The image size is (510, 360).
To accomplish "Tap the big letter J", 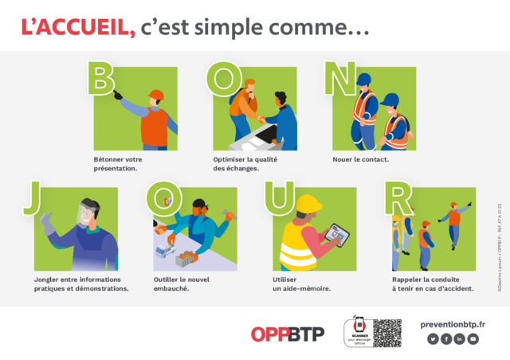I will coord(31,198).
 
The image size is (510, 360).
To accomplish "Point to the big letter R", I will coord(398,198).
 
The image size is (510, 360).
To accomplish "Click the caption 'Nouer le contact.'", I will coord(360,159).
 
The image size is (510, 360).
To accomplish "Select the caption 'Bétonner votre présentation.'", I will coord(117,164).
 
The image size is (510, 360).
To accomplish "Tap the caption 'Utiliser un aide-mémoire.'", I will coord(301,284).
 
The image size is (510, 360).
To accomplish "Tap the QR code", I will coord(387,333).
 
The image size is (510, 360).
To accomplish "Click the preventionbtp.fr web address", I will coord(453,323).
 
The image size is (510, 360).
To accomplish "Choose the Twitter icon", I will coord(433,339).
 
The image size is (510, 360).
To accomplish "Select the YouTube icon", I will coord(473,339).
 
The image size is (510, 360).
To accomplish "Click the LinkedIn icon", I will coord(460,339).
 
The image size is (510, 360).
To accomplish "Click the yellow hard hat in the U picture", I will coord(308,204).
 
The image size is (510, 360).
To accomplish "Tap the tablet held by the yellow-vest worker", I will coord(340,233).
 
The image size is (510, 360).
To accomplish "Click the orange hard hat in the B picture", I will coord(156,96).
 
